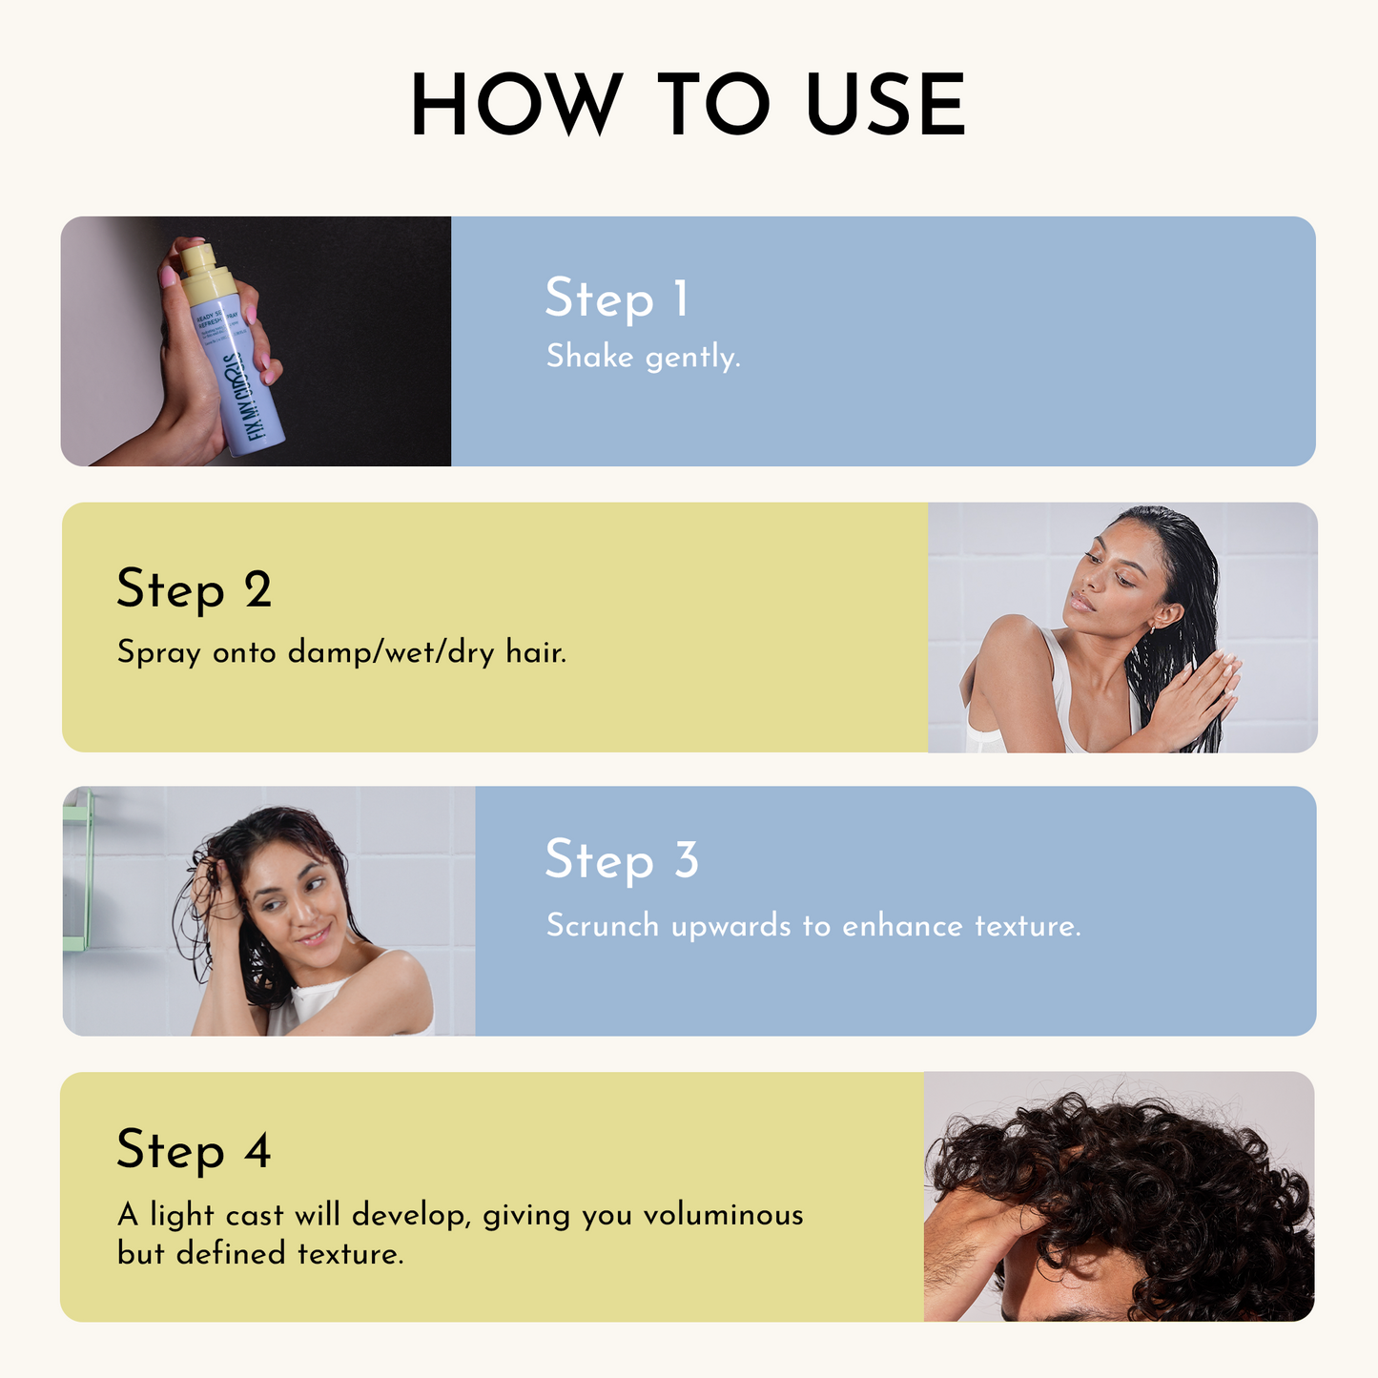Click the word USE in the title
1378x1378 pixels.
[886, 104]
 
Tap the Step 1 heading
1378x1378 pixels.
[616, 298]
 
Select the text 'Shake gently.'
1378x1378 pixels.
[643, 357]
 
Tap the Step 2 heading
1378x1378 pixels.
[194, 588]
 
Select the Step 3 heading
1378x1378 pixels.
[622, 859]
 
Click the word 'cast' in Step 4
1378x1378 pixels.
[256, 1215]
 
